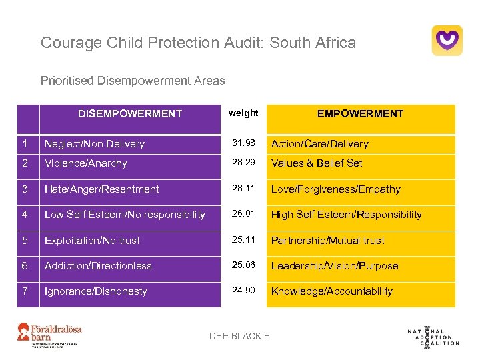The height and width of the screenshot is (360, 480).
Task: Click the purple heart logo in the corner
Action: point(447,41)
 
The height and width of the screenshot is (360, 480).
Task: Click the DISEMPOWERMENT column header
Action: point(130,114)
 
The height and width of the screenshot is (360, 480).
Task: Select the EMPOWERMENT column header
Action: point(360,114)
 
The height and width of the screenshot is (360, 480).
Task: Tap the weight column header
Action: point(243,113)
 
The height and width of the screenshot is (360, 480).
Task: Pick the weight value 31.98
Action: point(243,143)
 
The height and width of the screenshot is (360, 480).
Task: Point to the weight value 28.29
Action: point(243,163)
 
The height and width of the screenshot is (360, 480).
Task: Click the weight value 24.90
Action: point(243,291)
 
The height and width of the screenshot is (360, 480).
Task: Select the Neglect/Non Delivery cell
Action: point(95,144)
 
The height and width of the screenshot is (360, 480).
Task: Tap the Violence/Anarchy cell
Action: point(86,163)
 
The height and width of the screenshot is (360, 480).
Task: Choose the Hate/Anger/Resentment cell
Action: point(102,189)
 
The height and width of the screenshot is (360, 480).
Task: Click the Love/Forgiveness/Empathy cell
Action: point(336,189)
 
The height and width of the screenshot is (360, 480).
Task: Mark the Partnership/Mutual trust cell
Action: point(328,241)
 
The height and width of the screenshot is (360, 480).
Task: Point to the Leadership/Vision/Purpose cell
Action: point(335,266)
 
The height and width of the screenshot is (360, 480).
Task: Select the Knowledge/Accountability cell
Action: point(332,291)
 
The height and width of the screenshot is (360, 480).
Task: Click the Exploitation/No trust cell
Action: point(93,241)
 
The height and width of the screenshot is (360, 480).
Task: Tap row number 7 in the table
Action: point(24,291)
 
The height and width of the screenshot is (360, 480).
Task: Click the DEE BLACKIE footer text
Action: point(240,336)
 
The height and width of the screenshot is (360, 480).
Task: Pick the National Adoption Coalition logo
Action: point(433,336)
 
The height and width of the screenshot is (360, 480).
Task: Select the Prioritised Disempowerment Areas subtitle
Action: point(133,81)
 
